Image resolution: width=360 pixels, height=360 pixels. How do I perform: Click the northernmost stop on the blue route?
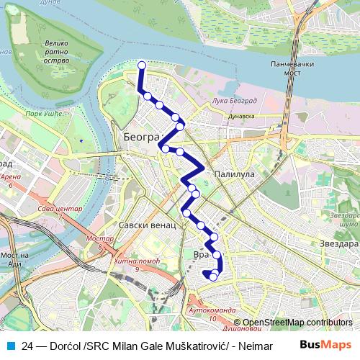(x=142, y=66)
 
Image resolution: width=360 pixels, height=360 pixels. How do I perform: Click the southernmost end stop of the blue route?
(x=213, y=275)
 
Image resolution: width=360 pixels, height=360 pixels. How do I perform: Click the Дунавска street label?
(x=241, y=115)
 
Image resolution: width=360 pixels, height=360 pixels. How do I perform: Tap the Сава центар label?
(x=56, y=210)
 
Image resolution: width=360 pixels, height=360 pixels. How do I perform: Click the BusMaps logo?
(x=325, y=345)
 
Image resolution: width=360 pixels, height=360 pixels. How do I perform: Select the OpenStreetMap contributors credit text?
(x=297, y=323)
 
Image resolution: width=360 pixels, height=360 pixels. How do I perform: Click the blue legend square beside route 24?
(x=11, y=345)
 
